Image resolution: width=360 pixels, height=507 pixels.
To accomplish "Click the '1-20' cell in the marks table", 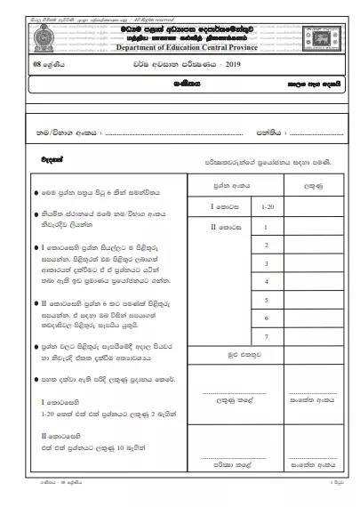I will (265, 206).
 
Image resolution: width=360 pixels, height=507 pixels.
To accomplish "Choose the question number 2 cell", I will (265, 244).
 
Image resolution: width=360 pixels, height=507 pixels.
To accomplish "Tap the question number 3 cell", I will (265, 263).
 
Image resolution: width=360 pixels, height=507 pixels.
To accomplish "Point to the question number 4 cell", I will (265, 282).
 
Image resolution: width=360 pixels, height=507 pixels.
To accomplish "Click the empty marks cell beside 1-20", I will (313, 206).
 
